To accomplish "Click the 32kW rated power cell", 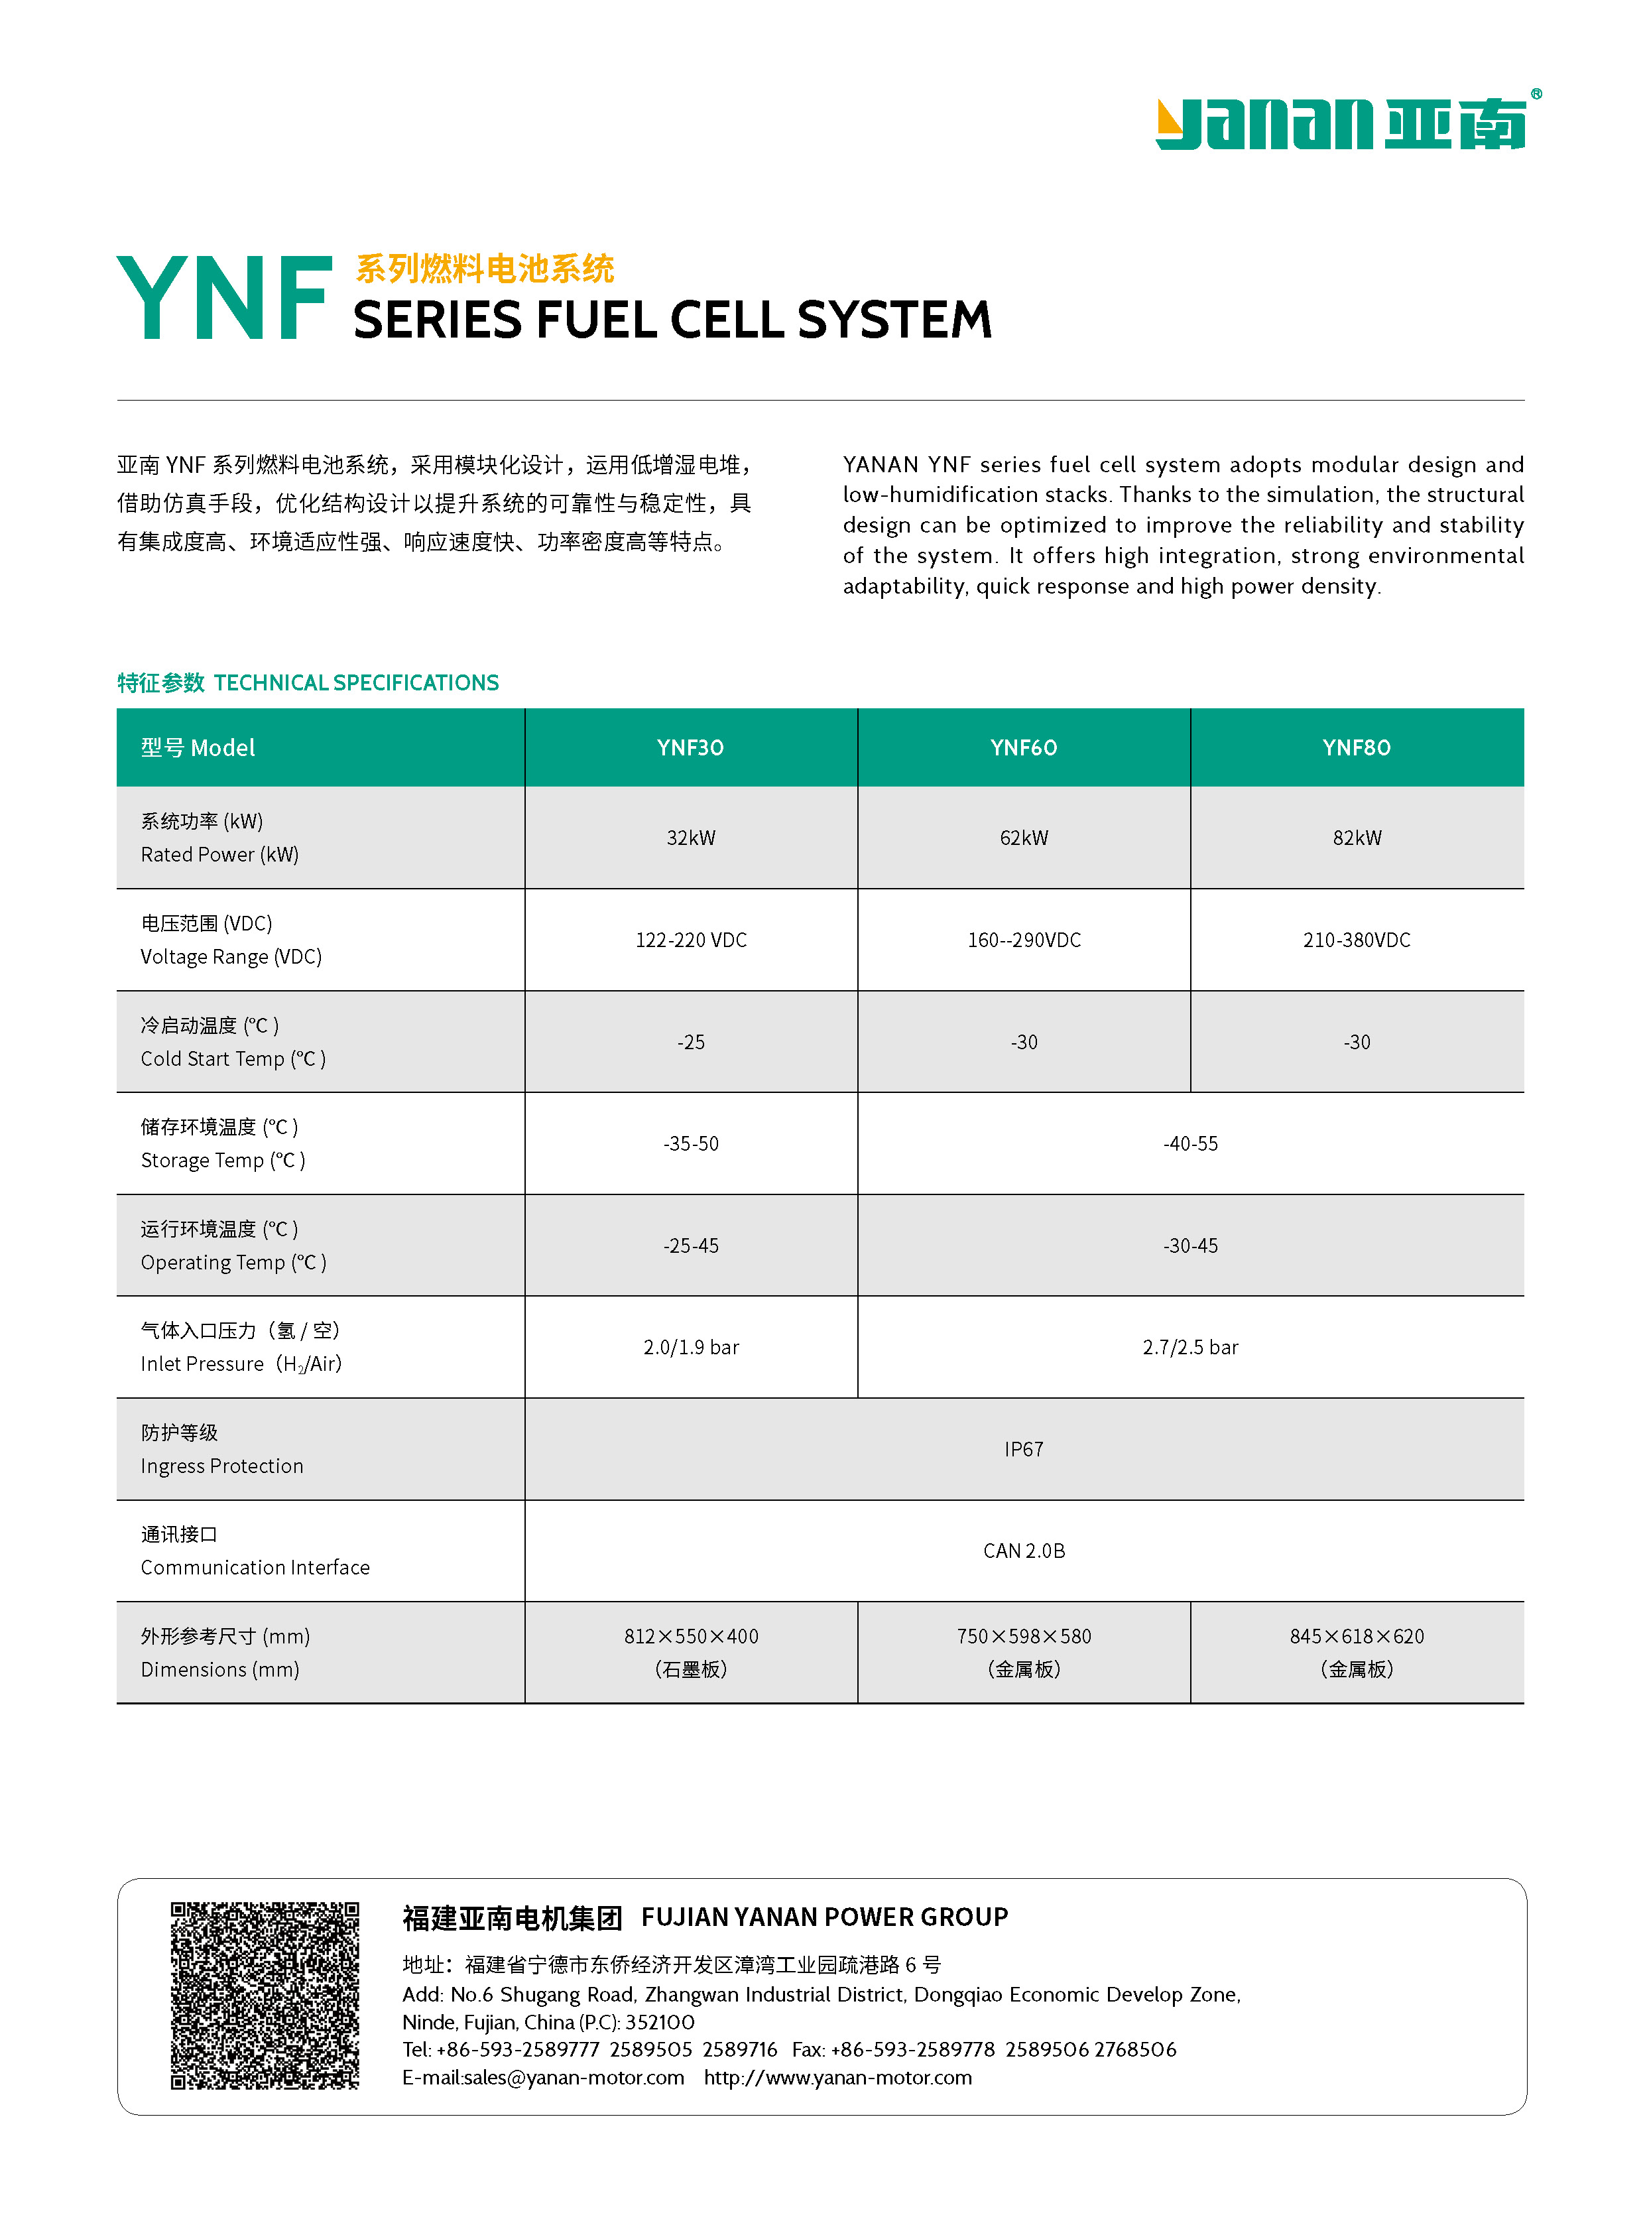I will (690, 838).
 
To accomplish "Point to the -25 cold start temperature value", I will (690, 1042).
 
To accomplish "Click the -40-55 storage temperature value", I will (1190, 1143).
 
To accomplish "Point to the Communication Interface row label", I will (254, 1568).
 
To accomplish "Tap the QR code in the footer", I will (264, 1995).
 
